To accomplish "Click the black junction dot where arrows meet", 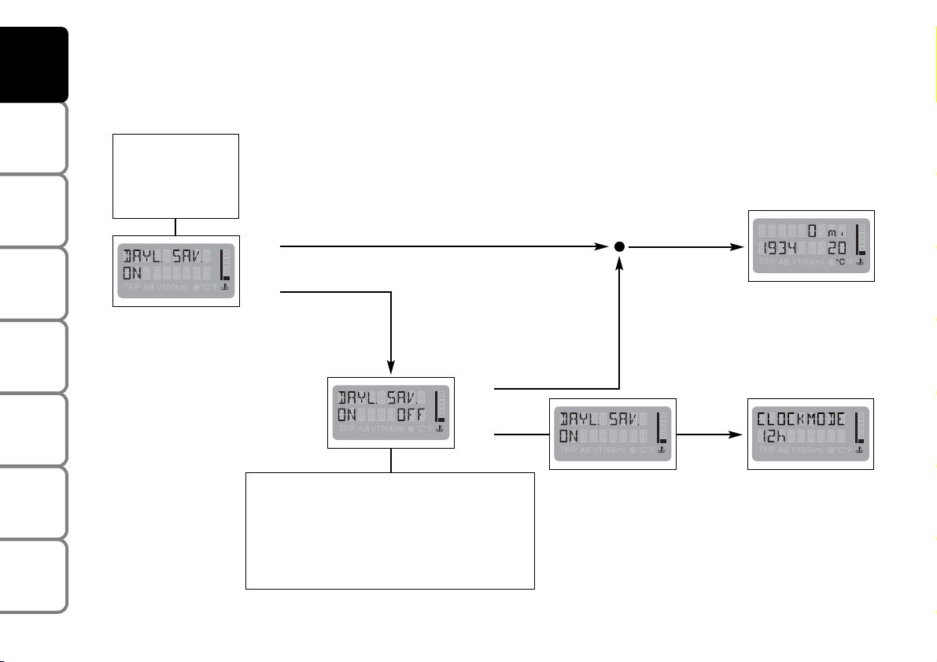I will tap(620, 246).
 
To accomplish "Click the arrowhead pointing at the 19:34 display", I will tap(740, 246).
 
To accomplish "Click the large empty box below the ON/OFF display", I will tap(390, 531).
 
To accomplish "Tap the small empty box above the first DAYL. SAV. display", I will tap(175, 176).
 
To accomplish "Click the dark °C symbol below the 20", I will tap(840, 261).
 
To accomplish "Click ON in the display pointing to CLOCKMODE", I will tap(569, 436).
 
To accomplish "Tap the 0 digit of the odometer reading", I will tap(813, 231).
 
